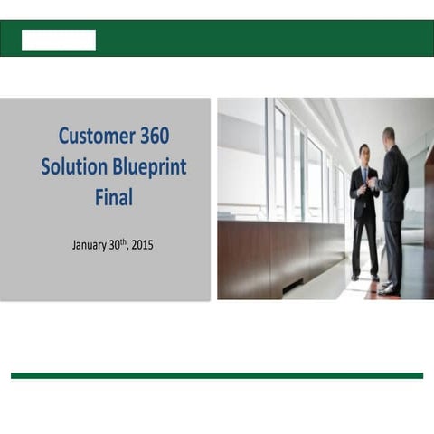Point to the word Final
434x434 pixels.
point(113,198)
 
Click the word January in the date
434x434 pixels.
point(92,244)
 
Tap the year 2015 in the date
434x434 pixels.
point(142,244)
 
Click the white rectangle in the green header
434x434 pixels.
point(59,40)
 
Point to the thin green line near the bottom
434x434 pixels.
point(217,374)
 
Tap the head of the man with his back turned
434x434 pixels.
point(388,136)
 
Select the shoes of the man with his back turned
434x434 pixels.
point(389,288)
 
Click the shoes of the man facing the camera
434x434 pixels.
point(363,278)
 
